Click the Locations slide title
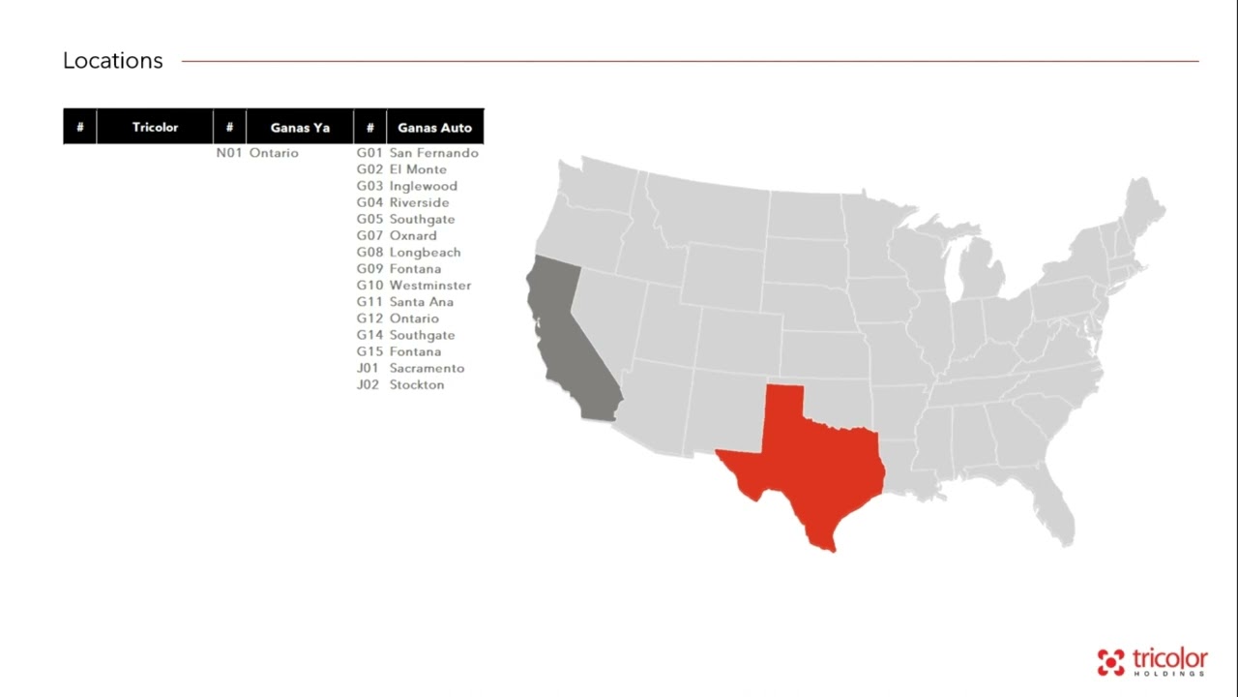click(x=113, y=61)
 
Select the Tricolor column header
click(x=155, y=127)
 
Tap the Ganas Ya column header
click(x=300, y=127)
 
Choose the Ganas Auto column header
click(x=434, y=127)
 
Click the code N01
click(x=229, y=153)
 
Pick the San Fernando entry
click(x=433, y=153)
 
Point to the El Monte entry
click(x=418, y=169)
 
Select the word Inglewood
click(x=423, y=186)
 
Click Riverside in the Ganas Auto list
click(x=419, y=202)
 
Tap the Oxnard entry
click(x=413, y=235)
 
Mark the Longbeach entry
click(x=425, y=252)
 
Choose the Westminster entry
click(x=430, y=286)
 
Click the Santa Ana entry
click(x=421, y=302)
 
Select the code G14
click(x=369, y=335)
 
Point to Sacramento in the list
click(x=427, y=368)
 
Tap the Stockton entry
click(x=417, y=384)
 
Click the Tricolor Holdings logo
click(x=1152, y=661)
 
